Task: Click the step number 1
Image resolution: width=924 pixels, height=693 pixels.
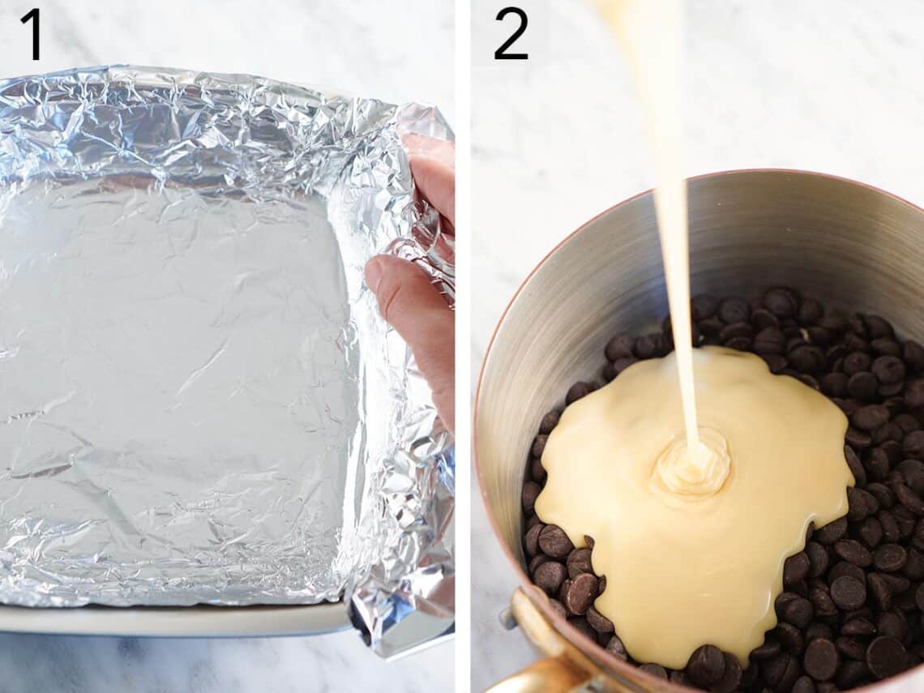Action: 31,34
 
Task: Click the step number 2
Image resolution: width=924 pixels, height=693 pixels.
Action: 511,34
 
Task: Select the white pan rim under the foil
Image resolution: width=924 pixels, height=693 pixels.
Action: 162,620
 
